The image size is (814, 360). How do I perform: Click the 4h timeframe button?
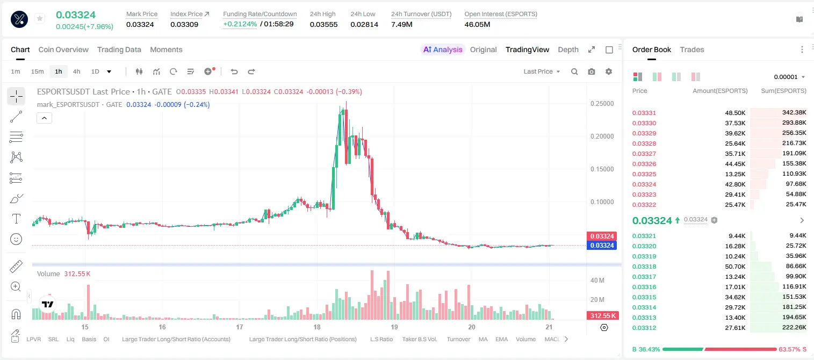76,71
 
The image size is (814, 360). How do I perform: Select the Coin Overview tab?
63,49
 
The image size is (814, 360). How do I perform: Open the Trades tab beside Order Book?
691,49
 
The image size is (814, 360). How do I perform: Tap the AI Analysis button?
443,49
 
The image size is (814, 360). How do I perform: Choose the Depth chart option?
568,49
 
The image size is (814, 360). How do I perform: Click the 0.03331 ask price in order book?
644,113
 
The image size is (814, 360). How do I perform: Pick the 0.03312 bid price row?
644,328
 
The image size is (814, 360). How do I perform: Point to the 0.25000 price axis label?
602,104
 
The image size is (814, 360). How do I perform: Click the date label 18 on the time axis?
317,327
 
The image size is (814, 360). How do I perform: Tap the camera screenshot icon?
592,71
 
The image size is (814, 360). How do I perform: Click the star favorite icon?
40,18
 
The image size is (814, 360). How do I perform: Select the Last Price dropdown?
542,71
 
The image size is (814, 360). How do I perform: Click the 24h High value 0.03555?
323,24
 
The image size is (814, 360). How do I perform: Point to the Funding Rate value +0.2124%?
240,24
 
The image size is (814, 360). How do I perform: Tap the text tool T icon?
16,219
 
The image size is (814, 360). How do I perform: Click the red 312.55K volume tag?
603,316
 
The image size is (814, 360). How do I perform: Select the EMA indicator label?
501,339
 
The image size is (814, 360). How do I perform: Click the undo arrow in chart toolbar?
234,71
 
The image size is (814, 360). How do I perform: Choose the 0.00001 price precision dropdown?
789,77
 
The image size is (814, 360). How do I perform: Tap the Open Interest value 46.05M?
477,24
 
